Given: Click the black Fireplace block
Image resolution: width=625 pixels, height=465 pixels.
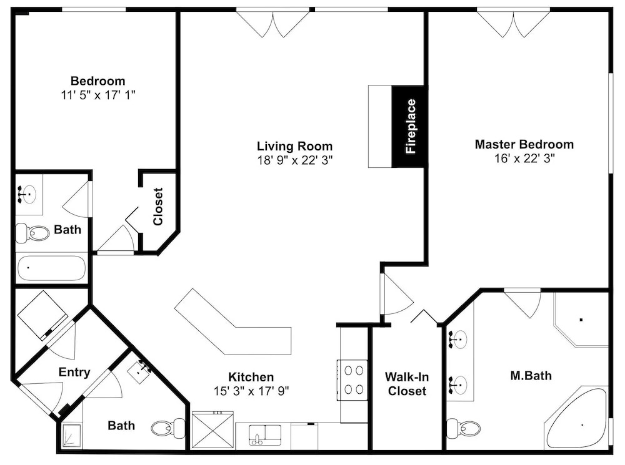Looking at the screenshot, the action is (409, 126).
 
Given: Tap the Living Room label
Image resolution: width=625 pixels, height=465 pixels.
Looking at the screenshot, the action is (294, 146).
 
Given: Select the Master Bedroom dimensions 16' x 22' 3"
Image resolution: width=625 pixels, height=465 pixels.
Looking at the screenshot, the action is (524, 159).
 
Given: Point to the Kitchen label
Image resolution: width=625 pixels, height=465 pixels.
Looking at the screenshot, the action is (251, 376).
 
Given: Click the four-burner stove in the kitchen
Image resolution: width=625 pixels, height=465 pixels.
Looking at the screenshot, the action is (352, 380).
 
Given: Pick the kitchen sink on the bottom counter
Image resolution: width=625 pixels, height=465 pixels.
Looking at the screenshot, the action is (264, 434).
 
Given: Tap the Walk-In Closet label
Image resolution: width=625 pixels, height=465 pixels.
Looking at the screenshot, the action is (407, 384).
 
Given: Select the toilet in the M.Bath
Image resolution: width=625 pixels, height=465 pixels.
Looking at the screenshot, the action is (463, 428).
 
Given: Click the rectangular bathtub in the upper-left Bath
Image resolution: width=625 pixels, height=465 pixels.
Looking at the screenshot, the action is (51, 268).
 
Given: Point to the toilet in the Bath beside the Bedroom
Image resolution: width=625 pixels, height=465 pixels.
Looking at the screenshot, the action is (32, 233).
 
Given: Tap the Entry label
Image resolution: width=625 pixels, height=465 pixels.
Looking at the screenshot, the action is (74, 372).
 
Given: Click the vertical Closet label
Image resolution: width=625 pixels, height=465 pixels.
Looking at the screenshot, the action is (158, 207).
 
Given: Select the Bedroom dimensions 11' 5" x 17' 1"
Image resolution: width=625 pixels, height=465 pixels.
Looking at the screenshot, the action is (98, 95).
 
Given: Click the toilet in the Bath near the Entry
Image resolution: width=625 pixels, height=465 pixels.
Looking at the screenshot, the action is (167, 428).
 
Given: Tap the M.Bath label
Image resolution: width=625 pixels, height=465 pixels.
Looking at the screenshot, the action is (531, 375).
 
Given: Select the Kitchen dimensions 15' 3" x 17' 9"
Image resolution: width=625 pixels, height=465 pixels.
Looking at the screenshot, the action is (251, 391).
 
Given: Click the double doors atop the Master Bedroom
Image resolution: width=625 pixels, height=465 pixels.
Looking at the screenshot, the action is (513, 23).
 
